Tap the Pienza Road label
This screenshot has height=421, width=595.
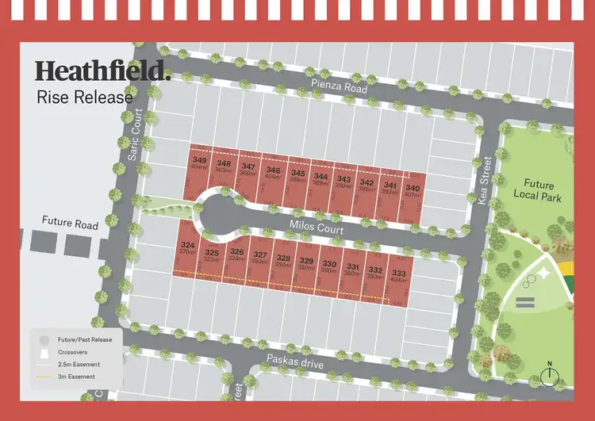click(x=339, y=86)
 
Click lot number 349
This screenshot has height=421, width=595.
click(x=199, y=161)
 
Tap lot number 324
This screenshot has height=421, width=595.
click(x=187, y=246)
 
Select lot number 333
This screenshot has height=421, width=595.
click(x=398, y=274)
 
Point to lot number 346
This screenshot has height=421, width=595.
click(x=273, y=170)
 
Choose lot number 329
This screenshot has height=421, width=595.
click(x=306, y=261)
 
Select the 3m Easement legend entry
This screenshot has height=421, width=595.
click(x=77, y=377)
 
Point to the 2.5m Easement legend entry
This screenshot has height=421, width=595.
click(x=79, y=364)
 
